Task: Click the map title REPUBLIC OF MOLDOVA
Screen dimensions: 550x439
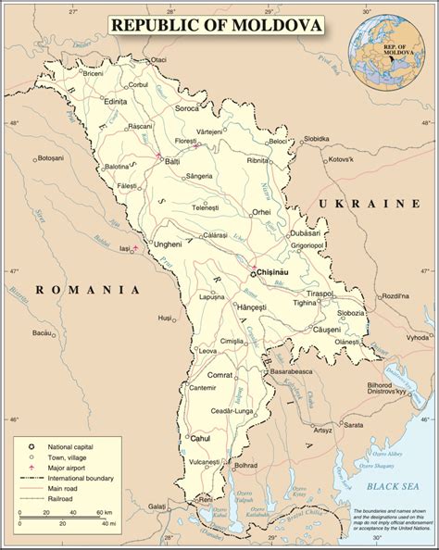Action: (219, 25)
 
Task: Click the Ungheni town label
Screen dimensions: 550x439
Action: (168, 244)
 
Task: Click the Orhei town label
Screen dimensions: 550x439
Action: (261, 211)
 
